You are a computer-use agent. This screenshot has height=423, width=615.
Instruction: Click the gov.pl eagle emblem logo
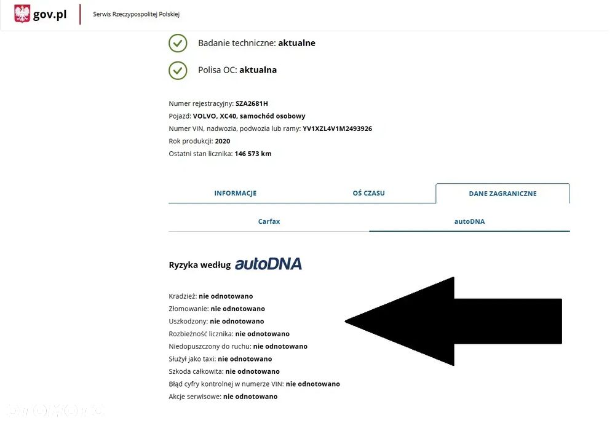point(22,14)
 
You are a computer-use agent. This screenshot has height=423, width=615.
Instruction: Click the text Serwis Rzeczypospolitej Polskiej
point(136,14)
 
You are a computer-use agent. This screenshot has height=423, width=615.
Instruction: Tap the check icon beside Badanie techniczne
point(178,43)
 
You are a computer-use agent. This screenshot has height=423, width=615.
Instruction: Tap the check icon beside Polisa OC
point(178,70)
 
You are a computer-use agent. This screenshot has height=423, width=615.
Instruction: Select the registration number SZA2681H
point(252,103)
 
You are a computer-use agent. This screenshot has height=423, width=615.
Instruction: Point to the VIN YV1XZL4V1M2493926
point(337,128)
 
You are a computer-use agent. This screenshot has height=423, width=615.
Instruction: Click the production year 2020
point(223,141)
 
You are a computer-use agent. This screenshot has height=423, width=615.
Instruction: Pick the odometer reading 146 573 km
point(253,154)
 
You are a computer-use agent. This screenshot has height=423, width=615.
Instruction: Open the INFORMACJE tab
point(236,193)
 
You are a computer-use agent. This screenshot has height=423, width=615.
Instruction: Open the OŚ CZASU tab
point(368,193)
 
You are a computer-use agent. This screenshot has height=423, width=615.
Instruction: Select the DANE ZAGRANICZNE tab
point(502,193)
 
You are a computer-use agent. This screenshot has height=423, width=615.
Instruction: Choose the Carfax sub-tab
point(269,221)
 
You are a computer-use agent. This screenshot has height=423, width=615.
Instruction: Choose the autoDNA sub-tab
point(469,221)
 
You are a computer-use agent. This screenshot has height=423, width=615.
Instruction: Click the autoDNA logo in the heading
point(268,264)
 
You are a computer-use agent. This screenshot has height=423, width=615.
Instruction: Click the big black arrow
point(453,322)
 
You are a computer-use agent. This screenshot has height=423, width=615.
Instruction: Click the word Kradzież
point(182,296)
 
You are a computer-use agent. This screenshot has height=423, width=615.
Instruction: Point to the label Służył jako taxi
point(191,359)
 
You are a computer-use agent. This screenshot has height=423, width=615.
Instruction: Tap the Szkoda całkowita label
point(196,371)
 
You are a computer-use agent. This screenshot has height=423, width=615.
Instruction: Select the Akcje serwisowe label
point(194,397)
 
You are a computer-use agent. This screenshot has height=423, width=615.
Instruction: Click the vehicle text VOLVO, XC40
point(215,116)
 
